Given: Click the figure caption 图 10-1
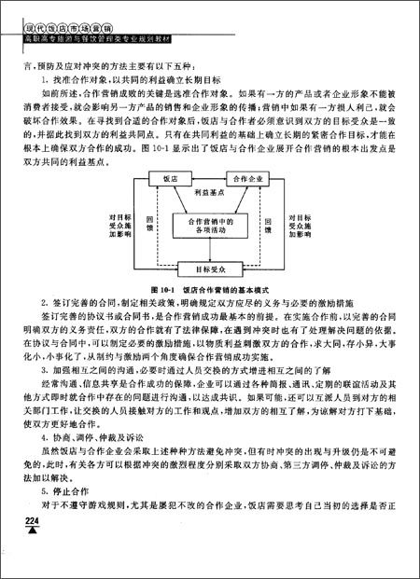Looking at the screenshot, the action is pyautogui.click(x=207, y=289).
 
